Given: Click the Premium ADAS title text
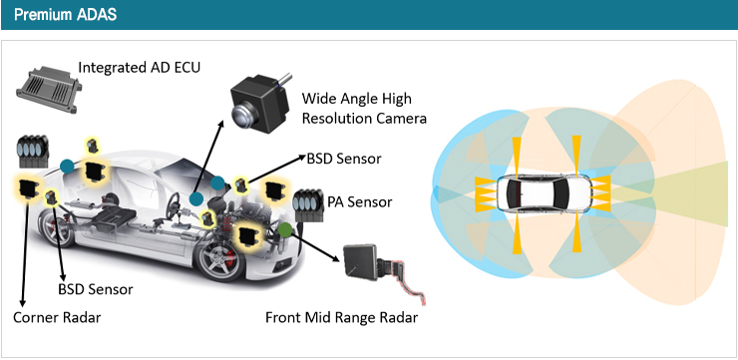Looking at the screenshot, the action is (x=65, y=15).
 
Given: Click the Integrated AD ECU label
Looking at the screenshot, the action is (x=140, y=67).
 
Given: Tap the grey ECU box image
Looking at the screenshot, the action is (x=49, y=89).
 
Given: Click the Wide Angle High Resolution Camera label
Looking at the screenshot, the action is (x=364, y=109).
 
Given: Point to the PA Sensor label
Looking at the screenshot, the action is (x=360, y=202).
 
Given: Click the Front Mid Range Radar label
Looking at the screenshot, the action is (x=341, y=318).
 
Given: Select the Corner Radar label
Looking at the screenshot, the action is (x=57, y=318).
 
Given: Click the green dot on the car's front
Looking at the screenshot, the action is (x=285, y=229).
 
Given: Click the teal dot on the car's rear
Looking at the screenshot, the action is (x=67, y=167).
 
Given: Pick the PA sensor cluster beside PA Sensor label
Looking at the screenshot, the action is (x=308, y=205).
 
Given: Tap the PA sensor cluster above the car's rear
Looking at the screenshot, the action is (x=33, y=151).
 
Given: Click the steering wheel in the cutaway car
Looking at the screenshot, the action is (x=174, y=203).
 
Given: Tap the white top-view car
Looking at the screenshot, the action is (x=545, y=193).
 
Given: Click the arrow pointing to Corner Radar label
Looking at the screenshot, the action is (x=25, y=252).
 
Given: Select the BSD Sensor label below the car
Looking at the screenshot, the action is (x=96, y=289).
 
